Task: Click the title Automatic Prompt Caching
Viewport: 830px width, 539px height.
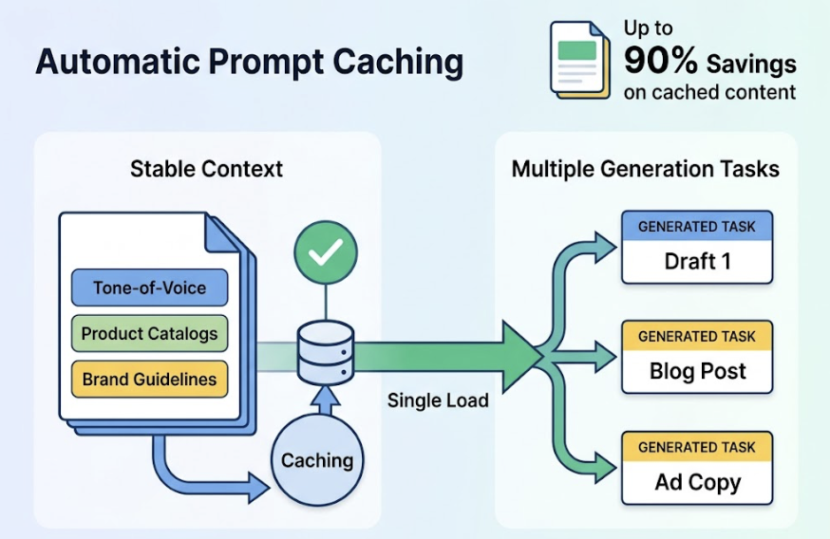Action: click(249, 62)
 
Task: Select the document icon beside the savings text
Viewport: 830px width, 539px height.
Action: click(579, 61)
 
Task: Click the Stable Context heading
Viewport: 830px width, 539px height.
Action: click(206, 170)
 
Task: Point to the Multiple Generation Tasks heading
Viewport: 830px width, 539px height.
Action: click(645, 170)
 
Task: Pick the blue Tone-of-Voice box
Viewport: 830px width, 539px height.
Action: click(149, 288)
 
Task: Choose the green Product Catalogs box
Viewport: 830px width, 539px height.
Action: click(149, 333)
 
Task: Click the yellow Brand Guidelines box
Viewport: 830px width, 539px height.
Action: click(149, 380)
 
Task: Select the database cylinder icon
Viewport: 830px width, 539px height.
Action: click(325, 353)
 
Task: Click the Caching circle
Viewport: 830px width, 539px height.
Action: click(317, 460)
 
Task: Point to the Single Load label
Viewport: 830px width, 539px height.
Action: click(438, 400)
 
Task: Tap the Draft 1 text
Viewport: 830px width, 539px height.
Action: click(697, 261)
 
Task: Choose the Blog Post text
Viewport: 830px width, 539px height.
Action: click(697, 371)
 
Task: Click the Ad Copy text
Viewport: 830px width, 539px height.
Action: click(697, 482)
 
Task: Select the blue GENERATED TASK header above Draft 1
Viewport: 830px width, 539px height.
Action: click(697, 227)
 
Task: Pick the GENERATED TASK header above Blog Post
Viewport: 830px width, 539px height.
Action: click(697, 336)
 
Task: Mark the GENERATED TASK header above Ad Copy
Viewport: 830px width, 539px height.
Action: click(697, 447)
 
